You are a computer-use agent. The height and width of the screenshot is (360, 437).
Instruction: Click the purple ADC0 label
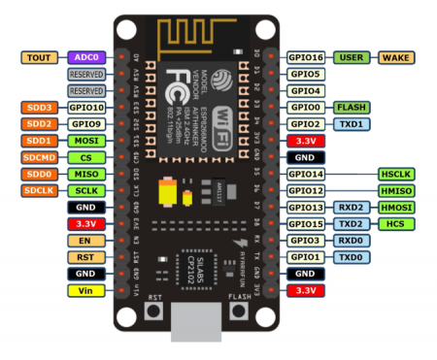(86, 57)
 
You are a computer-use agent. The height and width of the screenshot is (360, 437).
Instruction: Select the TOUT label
(41, 57)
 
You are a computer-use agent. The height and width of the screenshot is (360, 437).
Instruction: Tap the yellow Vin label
(86, 290)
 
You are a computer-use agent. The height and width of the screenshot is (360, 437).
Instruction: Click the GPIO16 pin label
(305, 57)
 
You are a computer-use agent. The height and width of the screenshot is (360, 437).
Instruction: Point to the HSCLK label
(396, 174)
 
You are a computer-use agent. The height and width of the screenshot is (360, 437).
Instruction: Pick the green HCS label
(396, 224)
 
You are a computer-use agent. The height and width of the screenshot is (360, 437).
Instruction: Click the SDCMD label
(41, 157)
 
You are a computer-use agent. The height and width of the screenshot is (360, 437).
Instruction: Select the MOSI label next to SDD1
(86, 141)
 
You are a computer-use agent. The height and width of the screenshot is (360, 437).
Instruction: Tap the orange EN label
(86, 240)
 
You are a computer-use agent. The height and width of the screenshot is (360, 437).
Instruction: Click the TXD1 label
(351, 124)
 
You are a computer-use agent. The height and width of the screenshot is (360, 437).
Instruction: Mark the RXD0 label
(351, 240)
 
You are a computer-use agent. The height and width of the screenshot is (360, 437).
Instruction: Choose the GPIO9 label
(86, 124)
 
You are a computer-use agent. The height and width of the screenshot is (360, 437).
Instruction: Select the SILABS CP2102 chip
(194, 256)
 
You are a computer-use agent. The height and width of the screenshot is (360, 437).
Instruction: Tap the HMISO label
(396, 190)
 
